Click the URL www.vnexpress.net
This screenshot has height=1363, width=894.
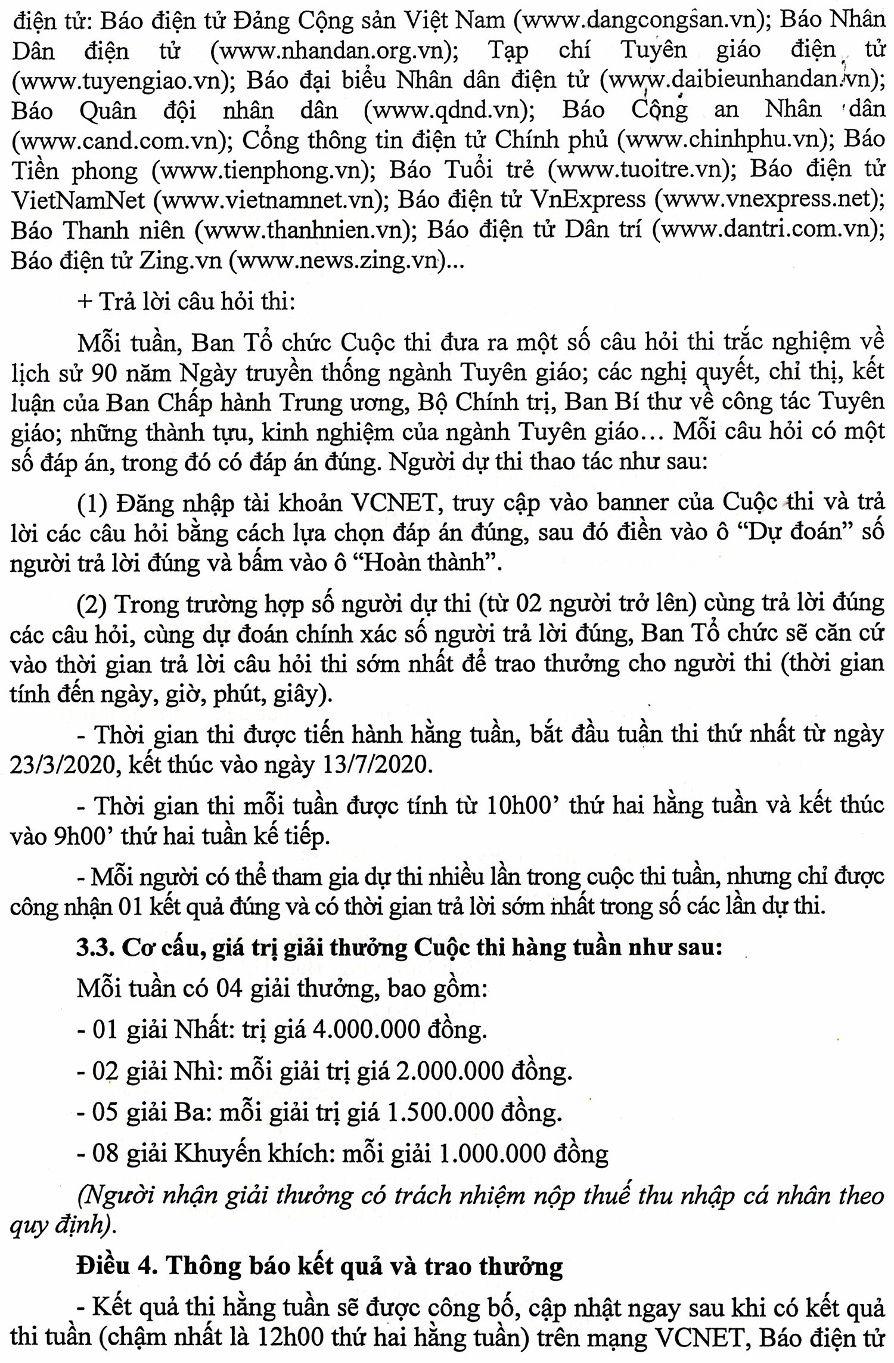pyautogui.click(x=765, y=200)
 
